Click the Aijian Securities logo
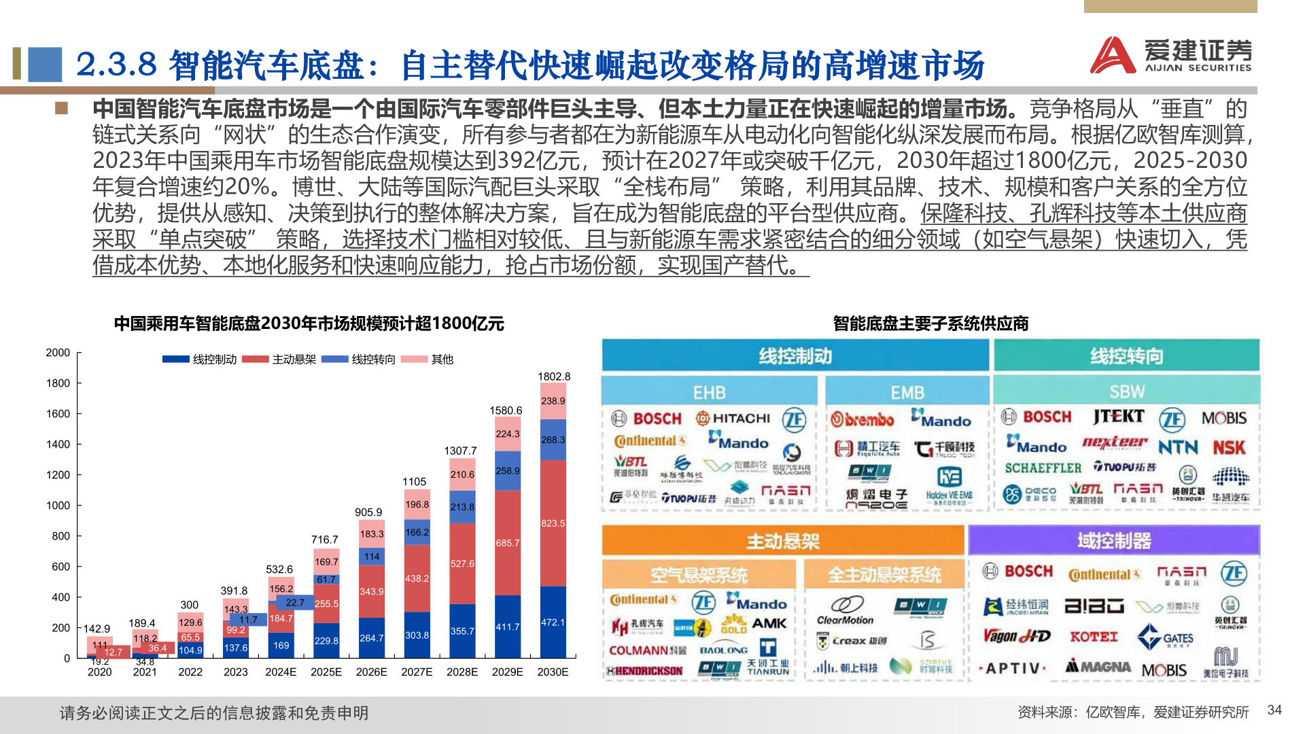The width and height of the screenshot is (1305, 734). tap(1170, 54)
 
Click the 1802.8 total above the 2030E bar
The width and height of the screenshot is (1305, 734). tap(554, 377)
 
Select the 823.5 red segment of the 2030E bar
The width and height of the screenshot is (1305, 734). tap(553, 523)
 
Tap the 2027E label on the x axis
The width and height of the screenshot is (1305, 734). tap(417, 672)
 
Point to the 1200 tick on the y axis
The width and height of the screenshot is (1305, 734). tap(58, 475)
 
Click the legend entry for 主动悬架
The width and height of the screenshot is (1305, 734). tap(279, 359)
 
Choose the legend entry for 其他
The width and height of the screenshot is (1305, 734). tap(428, 359)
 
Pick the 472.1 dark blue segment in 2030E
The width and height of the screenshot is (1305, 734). tap(553, 623)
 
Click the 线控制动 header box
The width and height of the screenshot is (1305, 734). tap(795, 356)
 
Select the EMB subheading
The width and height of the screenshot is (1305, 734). tap(907, 393)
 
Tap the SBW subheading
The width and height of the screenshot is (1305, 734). tap(1126, 391)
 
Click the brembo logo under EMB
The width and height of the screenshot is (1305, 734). tap(863, 419)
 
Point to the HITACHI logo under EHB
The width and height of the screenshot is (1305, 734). tap(733, 418)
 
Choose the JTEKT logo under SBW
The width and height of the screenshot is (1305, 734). tap(1118, 417)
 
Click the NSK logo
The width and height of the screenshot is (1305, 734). tap(1229, 447)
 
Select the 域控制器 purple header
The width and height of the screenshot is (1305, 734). tap(1114, 541)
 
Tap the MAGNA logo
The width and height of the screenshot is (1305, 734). tap(1098, 667)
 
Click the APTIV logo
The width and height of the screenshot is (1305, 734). tap(1013, 669)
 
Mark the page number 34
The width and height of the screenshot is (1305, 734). tap(1274, 710)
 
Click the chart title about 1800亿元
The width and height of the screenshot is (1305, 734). tap(309, 324)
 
